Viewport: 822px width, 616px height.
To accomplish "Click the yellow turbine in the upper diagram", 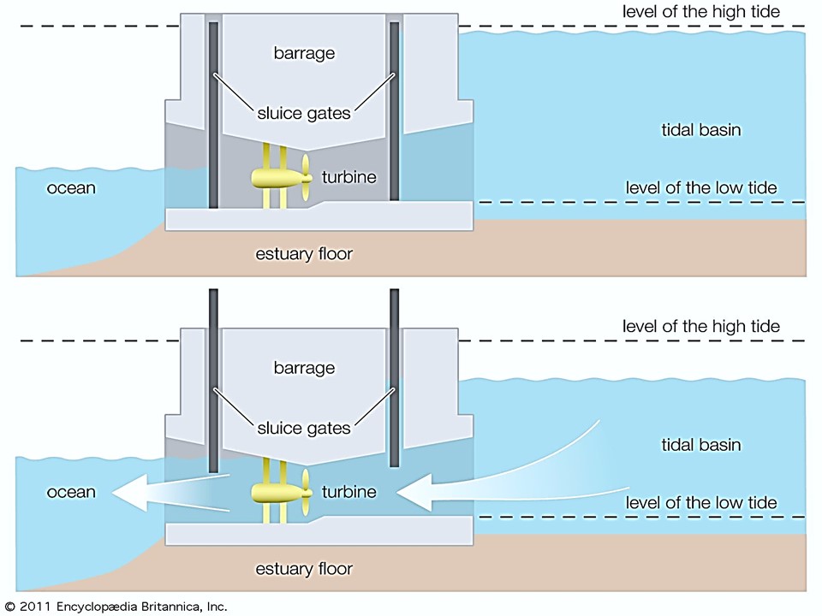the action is click(282, 177).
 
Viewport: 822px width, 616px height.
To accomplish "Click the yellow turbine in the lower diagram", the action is click(282, 492).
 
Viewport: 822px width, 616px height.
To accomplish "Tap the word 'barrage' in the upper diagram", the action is click(304, 53).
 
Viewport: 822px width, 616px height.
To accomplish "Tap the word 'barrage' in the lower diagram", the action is click(304, 368).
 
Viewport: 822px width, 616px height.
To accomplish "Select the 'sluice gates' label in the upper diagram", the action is click(303, 113).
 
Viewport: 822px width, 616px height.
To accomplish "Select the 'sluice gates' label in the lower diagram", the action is click(303, 428).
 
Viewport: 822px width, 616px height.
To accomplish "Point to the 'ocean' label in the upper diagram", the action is click(71, 188).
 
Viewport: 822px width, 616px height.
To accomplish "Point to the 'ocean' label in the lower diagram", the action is click(71, 493).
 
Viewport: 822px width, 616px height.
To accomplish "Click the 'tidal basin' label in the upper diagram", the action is click(701, 130).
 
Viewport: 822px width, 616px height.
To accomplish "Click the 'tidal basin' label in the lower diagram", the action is click(701, 445).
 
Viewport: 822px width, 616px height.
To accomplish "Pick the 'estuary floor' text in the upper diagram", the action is click(304, 254).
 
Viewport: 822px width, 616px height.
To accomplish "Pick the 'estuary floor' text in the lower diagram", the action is click(304, 569).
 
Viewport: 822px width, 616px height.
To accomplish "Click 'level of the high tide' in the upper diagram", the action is click(701, 11).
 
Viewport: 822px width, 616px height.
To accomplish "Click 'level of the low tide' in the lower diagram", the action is click(701, 503).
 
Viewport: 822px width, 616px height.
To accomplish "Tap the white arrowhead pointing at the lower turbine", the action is click(415, 492).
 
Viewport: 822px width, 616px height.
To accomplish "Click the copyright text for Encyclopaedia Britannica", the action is click(116, 607).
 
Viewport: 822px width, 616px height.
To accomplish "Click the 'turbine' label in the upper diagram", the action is click(349, 177).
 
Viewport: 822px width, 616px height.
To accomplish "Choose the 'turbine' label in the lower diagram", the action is click(349, 492).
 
